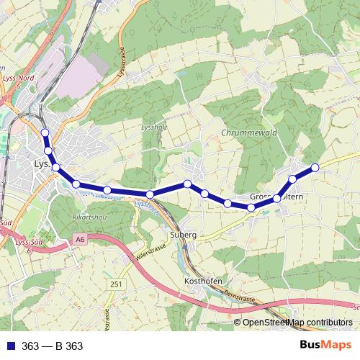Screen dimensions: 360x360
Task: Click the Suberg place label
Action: click(184, 235)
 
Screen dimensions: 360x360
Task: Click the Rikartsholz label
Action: click(90, 217)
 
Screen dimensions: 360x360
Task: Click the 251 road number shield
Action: click(116, 285)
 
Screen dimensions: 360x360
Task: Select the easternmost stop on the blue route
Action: click(315, 168)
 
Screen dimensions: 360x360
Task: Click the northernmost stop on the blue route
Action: click(45, 132)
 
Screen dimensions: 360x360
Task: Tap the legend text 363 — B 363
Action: click(52, 346)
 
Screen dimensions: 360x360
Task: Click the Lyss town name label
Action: click(42, 165)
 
